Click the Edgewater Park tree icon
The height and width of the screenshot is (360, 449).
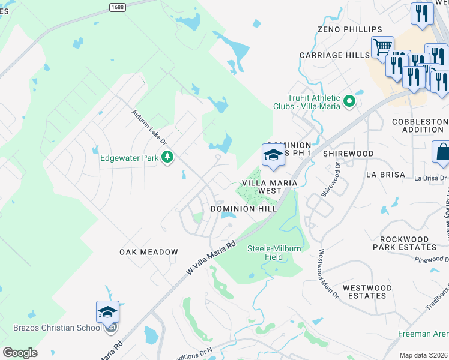167,158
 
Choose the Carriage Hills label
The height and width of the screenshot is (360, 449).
335,55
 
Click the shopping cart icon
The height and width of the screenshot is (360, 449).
382,46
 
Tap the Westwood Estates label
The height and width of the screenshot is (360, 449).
367,292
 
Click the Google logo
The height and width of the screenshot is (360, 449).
20,352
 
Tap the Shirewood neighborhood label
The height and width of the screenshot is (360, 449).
348,154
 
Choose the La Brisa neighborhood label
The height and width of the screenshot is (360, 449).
387,175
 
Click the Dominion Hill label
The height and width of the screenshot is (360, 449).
244,209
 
